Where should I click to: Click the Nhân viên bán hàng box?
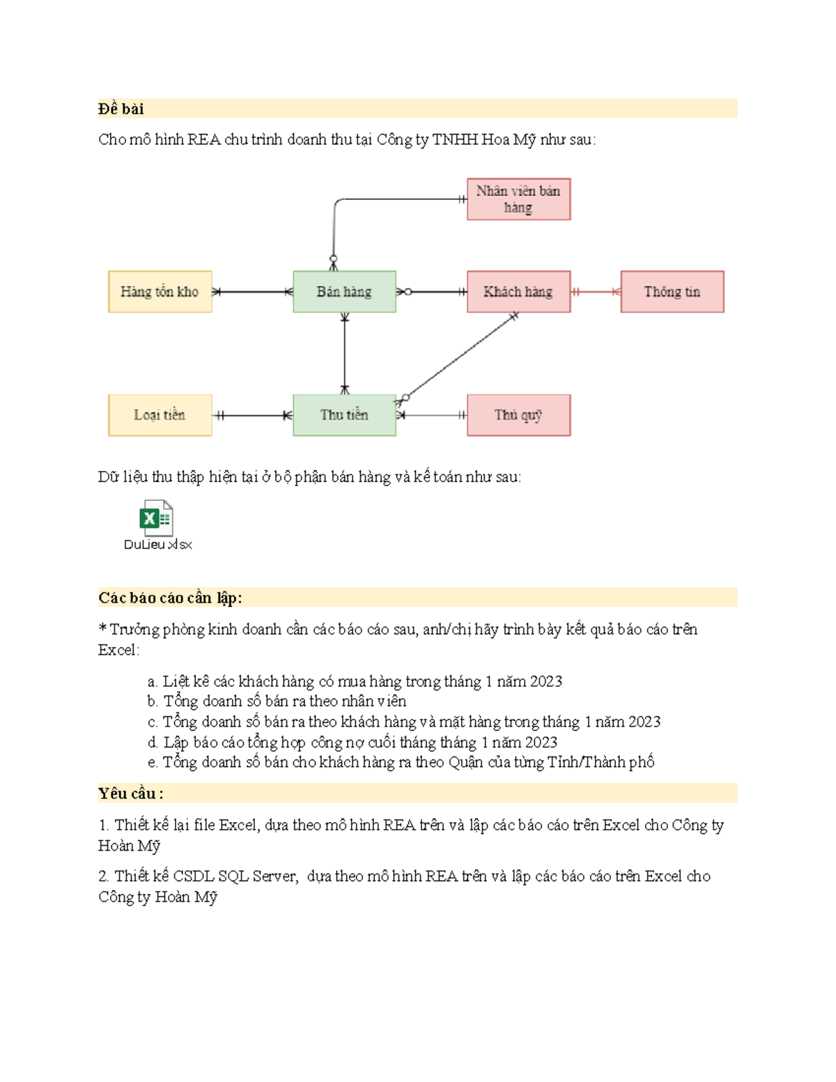pyautogui.click(x=518, y=199)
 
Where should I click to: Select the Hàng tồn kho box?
pyautogui.click(x=160, y=292)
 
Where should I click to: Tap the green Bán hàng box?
pyautogui.click(x=344, y=292)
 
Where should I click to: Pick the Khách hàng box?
pyautogui.click(x=518, y=292)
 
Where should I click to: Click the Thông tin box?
pyautogui.click(x=672, y=292)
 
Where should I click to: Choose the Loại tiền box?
pyautogui.click(x=160, y=415)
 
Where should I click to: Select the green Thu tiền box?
pyautogui.click(x=344, y=415)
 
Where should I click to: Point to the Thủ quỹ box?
pyautogui.click(x=518, y=415)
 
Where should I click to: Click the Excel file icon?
pyautogui.click(x=157, y=518)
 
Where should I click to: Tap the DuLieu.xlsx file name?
pyautogui.click(x=157, y=545)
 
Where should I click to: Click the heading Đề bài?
pyautogui.click(x=121, y=109)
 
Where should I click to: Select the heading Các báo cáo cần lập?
pyautogui.click(x=170, y=598)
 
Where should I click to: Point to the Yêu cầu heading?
pyautogui.click(x=131, y=794)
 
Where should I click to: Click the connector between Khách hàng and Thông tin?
pyautogui.click(x=596, y=292)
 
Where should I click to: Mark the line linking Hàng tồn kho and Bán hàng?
pyautogui.click(x=252, y=292)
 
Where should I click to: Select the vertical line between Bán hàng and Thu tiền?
pyautogui.click(x=344, y=353)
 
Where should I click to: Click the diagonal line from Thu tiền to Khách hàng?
pyautogui.click(x=460, y=357)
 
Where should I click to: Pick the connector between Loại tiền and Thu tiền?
pyautogui.click(x=252, y=416)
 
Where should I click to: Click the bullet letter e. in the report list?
pyautogui.click(x=153, y=763)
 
